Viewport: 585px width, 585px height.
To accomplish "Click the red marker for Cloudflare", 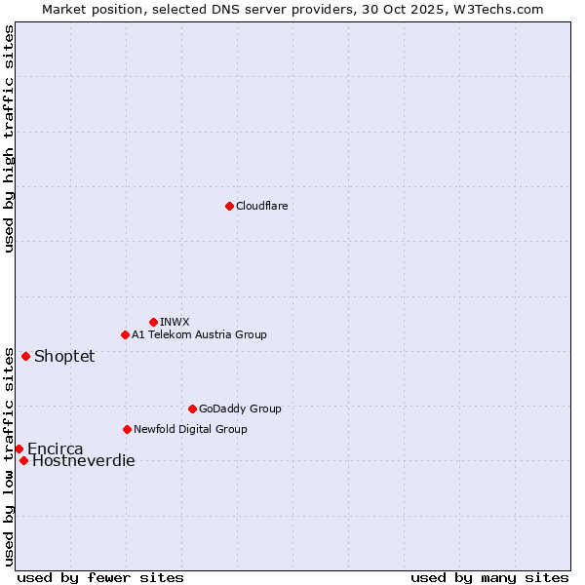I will (x=229, y=206).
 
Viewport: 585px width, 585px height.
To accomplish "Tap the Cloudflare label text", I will (x=262, y=206).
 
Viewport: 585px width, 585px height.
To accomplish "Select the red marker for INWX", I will (x=153, y=322).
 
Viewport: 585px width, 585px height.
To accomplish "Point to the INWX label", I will (x=175, y=322).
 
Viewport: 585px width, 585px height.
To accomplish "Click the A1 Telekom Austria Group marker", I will (x=125, y=334).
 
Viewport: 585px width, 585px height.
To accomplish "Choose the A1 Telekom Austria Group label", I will (x=199, y=334).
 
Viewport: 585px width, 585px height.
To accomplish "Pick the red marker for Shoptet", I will (x=25, y=356).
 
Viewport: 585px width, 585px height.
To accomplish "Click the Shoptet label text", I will (x=64, y=357).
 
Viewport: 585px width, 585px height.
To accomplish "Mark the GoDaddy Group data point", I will (x=192, y=409).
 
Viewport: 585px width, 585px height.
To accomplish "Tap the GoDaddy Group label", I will (x=240, y=409).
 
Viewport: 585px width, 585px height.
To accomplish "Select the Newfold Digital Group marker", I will (x=127, y=429).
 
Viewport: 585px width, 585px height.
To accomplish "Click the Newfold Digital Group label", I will (x=190, y=429).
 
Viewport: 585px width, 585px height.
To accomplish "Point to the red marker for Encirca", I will (x=19, y=448).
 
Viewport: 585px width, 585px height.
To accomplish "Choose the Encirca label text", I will (x=56, y=449).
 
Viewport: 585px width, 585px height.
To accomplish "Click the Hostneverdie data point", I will (x=23, y=460).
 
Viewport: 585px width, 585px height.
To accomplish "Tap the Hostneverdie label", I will (x=84, y=461).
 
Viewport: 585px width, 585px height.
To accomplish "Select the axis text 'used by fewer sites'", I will (x=100, y=577).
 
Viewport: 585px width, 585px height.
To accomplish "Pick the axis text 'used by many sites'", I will (x=489, y=577).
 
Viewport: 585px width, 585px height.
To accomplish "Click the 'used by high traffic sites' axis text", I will (x=9, y=138).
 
